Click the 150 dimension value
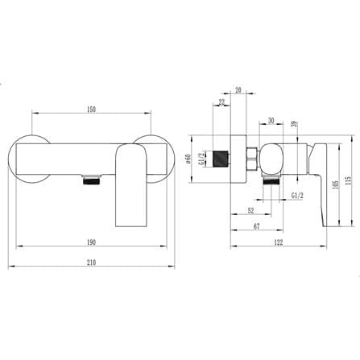click(91, 110)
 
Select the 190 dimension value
click(91, 242)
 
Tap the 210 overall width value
click(91, 263)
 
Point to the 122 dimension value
click(279, 242)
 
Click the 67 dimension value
click(257, 226)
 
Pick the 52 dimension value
click(250, 211)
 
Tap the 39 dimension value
click(294, 124)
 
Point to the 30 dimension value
click(271, 121)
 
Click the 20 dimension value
click(238, 90)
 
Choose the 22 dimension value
click(221, 102)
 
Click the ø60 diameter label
click(188, 159)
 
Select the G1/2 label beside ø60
click(200, 159)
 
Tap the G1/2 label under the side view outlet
click(297, 195)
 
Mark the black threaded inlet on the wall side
click(221, 159)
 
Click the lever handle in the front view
click(131, 186)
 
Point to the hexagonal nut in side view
click(252, 159)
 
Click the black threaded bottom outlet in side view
click(271, 181)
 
